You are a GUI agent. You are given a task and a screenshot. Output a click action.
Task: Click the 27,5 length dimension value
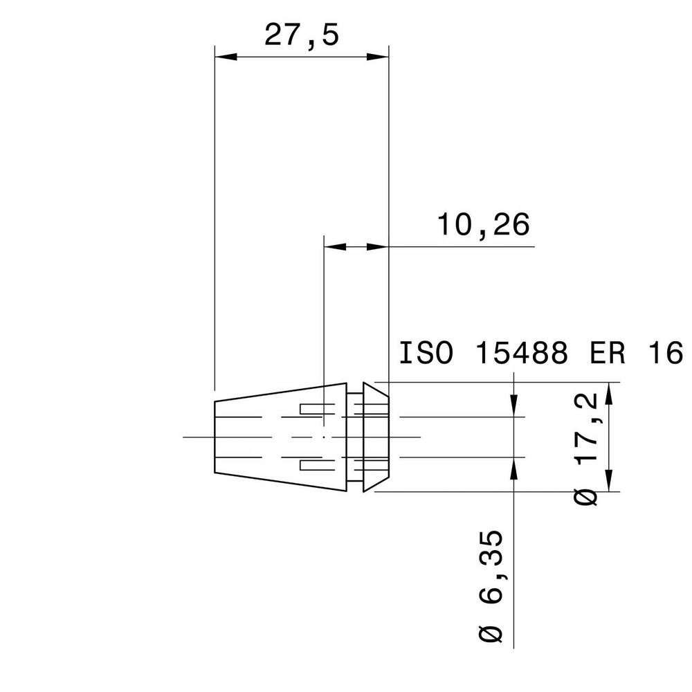(302, 35)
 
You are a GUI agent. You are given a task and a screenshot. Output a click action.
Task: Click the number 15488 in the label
(522, 354)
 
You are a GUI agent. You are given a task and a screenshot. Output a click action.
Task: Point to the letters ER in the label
(608, 354)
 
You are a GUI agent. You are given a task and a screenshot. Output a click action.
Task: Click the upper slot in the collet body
(312, 409)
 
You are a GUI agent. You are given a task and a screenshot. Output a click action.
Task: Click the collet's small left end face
(216, 437)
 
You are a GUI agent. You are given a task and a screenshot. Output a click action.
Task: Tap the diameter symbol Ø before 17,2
(587, 497)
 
